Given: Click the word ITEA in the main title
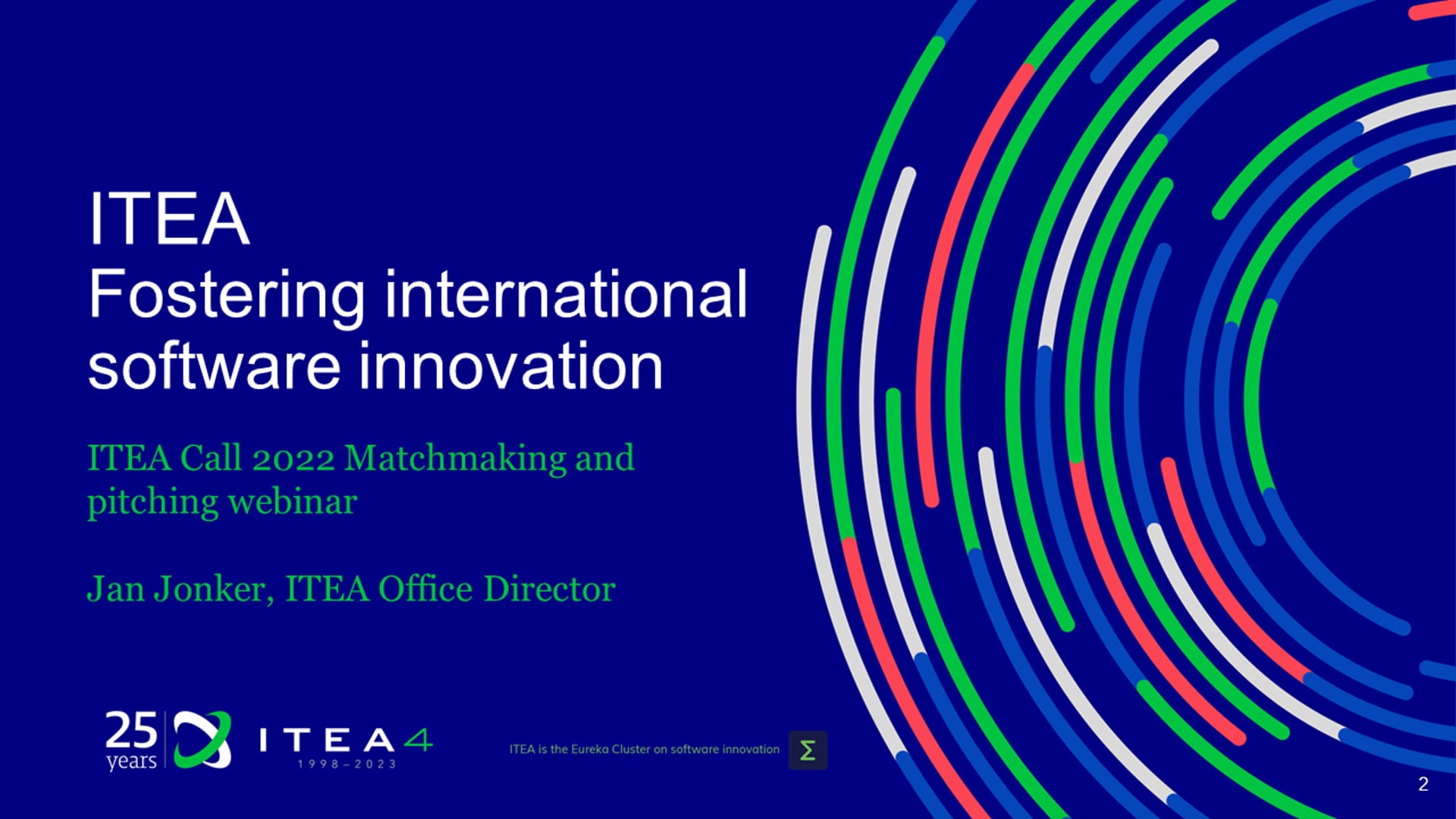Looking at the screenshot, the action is pos(169,218).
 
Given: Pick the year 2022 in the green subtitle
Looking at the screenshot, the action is pos(293,458).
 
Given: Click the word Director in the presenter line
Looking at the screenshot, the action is pos(549,588).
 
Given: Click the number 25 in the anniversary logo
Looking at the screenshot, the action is pos(131,731).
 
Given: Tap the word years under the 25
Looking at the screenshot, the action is pos(131,761).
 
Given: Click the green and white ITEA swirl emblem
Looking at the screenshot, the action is pos(202,739).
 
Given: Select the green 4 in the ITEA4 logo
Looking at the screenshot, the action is pos(418,740).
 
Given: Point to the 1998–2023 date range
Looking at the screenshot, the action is pos(347,764).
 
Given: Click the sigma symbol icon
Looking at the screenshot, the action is pos(808,750).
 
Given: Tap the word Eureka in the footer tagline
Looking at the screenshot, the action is pos(590,749).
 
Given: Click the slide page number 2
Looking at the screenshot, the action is pos(1423,784).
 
